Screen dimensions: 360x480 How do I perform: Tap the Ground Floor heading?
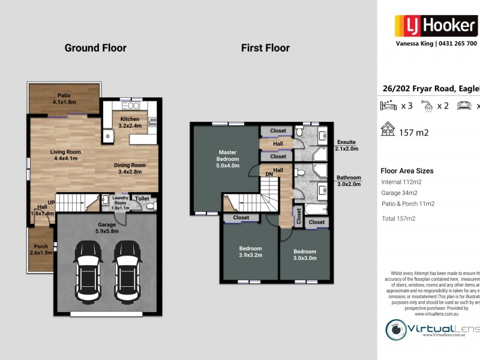tap(95, 48)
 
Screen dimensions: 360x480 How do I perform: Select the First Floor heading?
tap(265, 48)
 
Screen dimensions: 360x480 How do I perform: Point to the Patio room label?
tap(64, 99)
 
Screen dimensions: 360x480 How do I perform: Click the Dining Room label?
tap(130, 169)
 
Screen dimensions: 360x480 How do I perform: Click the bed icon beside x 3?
tap(389, 106)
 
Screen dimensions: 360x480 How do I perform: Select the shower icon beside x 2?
tap(427, 106)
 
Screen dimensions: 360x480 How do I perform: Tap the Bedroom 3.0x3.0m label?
tap(305, 255)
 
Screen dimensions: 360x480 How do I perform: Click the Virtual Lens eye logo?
tap(395, 329)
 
